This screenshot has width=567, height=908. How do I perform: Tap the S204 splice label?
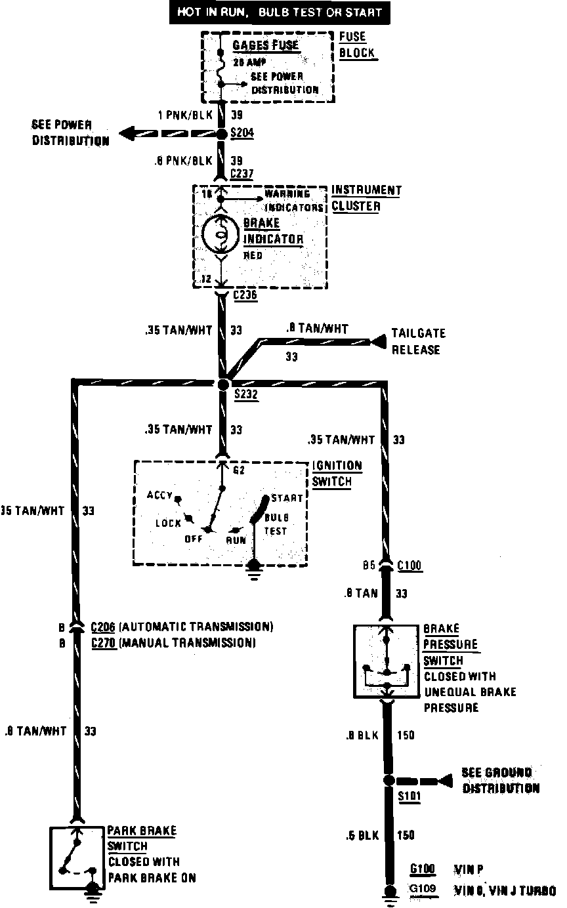(x=243, y=133)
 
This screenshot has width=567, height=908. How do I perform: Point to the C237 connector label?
(x=242, y=174)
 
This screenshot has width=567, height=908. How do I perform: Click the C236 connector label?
(x=245, y=295)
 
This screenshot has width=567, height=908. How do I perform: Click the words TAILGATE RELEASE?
(x=416, y=341)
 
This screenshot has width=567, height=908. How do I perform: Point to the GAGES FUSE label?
(x=266, y=46)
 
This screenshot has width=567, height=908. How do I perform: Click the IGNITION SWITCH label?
(x=337, y=474)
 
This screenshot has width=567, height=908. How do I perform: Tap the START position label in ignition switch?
(x=287, y=499)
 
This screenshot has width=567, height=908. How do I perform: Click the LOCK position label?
(x=168, y=523)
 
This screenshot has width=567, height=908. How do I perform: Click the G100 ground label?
(x=423, y=870)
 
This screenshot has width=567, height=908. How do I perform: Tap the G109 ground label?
(x=423, y=890)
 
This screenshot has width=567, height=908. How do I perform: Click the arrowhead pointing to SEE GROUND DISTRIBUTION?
(x=446, y=781)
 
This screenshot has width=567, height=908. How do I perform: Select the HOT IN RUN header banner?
(x=279, y=12)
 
